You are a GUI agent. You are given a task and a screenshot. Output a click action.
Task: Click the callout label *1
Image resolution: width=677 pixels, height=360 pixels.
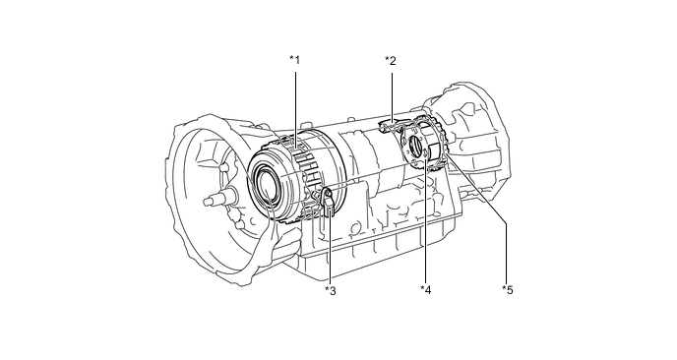pos(294,60)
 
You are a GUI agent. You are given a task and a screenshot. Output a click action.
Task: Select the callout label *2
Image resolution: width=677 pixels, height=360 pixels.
pos(391,61)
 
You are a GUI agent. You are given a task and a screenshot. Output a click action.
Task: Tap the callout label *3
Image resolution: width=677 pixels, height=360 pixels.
pos(331,291)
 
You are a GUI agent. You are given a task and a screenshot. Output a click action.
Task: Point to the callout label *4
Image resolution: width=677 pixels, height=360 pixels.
pos(426,290)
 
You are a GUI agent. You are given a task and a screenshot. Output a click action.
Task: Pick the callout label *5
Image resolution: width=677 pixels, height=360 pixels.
pos(508,290)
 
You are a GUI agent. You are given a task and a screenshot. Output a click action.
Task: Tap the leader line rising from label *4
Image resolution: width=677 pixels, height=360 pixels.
pos(425,221)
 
